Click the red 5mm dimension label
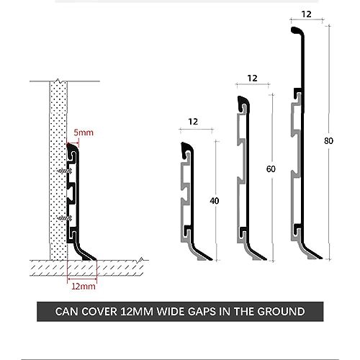coord(84,132)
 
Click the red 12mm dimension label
coord(84,287)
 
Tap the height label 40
coord(215,201)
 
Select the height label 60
coord(271,169)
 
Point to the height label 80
coord(328,140)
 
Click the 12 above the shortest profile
coord(193,122)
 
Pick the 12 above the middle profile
coord(252,78)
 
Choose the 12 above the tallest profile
coord(306,14)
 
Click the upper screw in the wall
coord(65,171)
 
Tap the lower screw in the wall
coord(65,218)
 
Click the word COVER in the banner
coord(99,312)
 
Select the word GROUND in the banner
coord(281,312)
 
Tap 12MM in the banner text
coord(137,312)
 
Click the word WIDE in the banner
coord(171,312)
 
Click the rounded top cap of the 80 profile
coord(297,30)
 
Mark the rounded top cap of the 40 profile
coord(186,146)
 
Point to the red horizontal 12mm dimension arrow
coord(82,279)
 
